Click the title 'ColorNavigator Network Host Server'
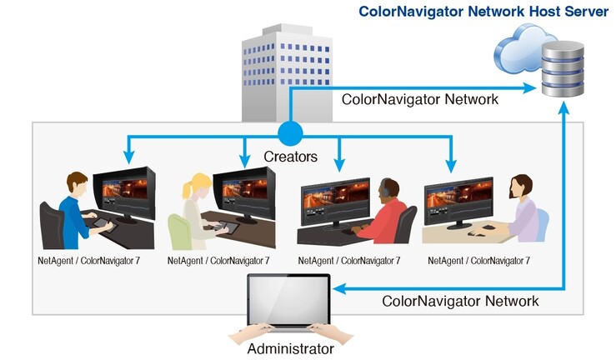(483, 12)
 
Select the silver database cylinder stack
(563, 69)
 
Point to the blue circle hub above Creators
(290, 133)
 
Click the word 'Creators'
(290, 157)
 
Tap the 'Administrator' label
(291, 348)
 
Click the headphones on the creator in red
(385, 187)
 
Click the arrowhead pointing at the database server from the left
(529, 88)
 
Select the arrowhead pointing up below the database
(563, 108)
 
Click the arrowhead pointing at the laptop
(339, 289)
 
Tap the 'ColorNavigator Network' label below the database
(419, 99)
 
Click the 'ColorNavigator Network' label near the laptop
(460, 301)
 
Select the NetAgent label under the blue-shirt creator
(89, 261)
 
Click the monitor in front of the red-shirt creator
(335, 204)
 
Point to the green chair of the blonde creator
(179, 232)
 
